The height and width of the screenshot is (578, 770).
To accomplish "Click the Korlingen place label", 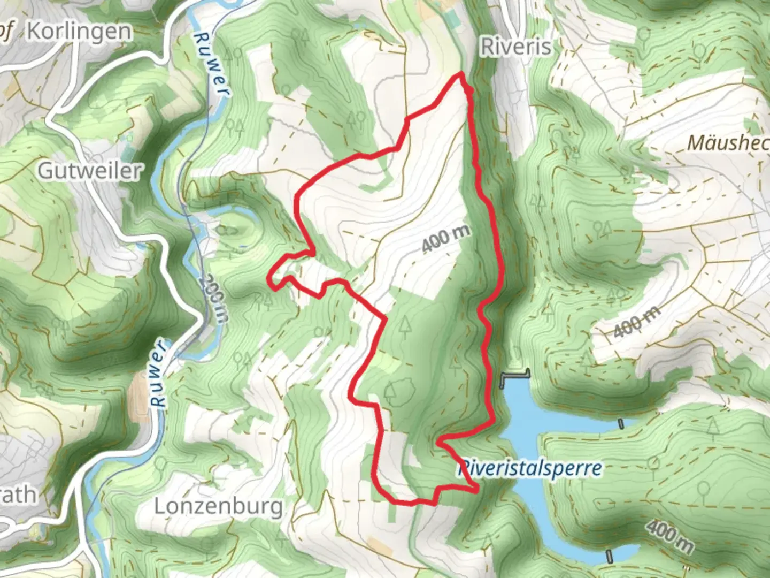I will coord(79,32).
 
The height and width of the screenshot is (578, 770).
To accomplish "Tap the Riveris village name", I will coord(516,47).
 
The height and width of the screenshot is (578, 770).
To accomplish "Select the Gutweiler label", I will coord(90,171).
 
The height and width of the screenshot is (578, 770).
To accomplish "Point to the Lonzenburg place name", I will coord(218,506).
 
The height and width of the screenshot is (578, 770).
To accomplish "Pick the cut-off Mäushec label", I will coord(728,143).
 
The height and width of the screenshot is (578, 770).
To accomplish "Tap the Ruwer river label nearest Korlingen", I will coord(211,64).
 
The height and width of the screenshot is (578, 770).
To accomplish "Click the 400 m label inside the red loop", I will coord(446,239).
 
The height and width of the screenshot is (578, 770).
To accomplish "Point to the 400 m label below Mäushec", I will coord(636,323).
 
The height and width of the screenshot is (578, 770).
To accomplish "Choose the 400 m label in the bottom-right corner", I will coord(669,537).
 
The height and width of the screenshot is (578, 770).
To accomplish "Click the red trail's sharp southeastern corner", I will coord(476,489).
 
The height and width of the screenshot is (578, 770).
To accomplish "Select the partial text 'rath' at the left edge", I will coord(19,495).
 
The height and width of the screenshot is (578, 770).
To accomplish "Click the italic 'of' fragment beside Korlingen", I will coord(5,32).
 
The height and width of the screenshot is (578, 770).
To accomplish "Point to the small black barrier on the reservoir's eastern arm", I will coord(621,424).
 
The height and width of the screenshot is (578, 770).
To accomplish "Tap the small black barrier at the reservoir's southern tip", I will coord(609,556).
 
